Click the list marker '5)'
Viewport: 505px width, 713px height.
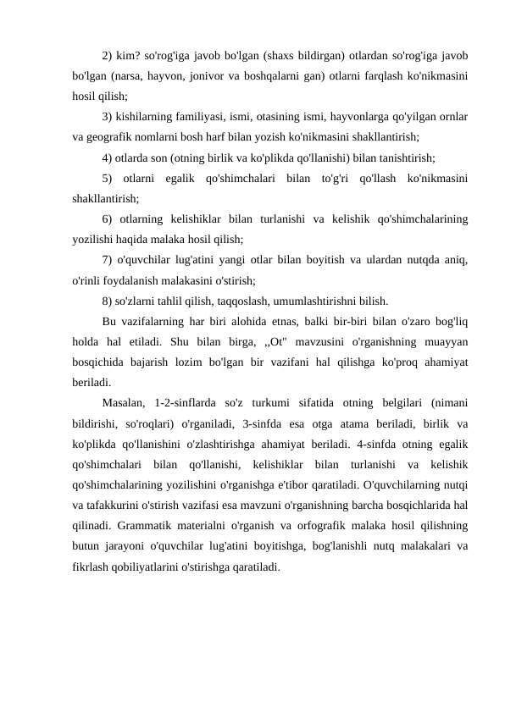(106, 178)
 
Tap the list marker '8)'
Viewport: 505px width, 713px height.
(106, 300)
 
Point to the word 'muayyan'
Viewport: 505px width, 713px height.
(447, 340)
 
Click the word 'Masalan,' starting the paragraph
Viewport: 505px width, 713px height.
(124, 401)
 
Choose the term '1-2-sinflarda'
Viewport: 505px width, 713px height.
(189, 401)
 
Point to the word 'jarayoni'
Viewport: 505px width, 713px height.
(125, 544)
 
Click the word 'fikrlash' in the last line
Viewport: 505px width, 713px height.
(90, 564)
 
